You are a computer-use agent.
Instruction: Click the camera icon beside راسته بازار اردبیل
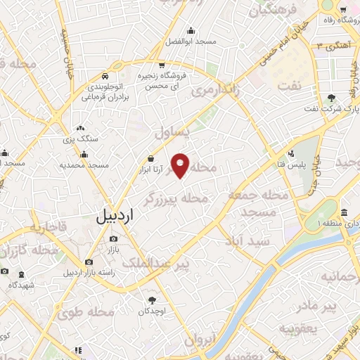coord(89,262)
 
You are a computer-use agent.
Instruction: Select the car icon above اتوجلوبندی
coord(104,75)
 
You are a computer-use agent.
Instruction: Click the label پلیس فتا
coord(286,163)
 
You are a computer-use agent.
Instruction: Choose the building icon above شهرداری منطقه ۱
coord(344,213)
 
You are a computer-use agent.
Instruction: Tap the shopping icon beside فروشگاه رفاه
coord(343,10)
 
